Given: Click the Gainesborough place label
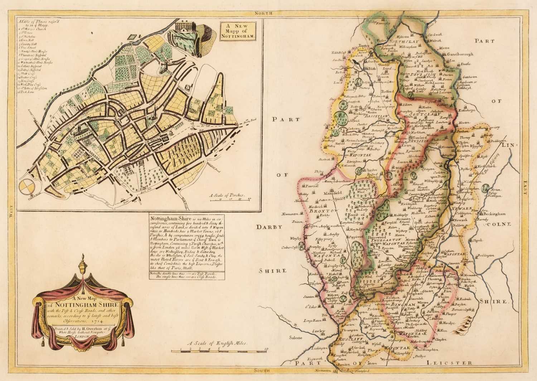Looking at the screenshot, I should point(460,54).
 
